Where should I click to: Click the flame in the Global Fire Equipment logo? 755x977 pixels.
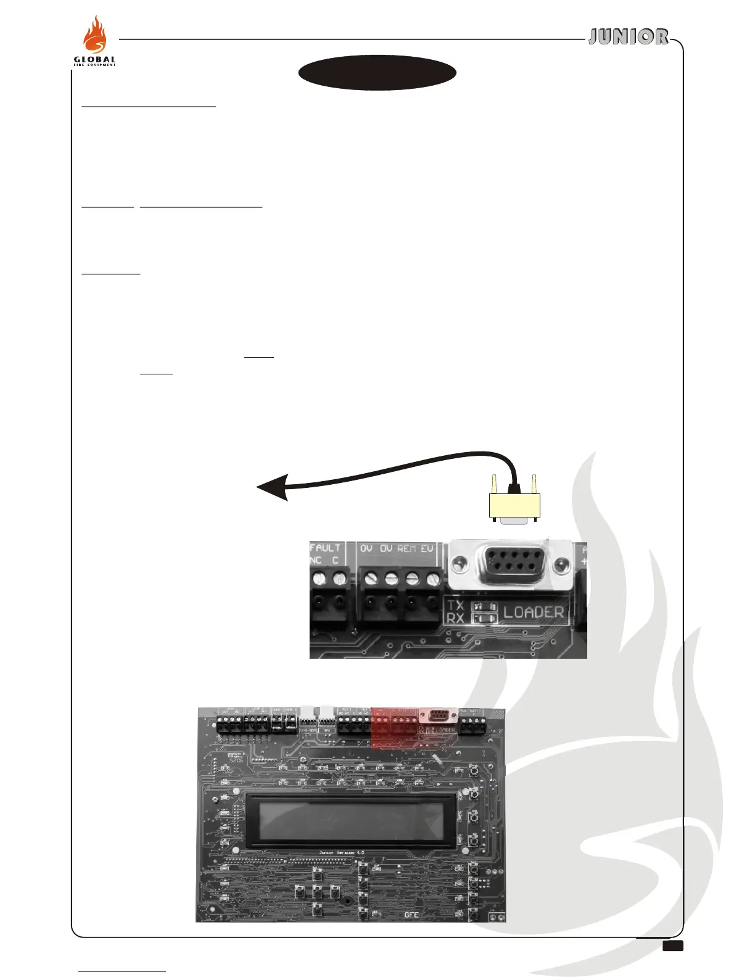pyautogui.click(x=96, y=37)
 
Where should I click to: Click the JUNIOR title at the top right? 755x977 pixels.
pyautogui.click(x=628, y=37)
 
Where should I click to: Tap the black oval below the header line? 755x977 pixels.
pyautogui.click(x=377, y=73)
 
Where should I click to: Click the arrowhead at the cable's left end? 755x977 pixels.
pyautogui.click(x=271, y=487)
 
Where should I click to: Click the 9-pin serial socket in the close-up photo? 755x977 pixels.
pyautogui.click(x=510, y=563)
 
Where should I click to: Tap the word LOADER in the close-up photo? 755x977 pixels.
pyautogui.click(x=534, y=612)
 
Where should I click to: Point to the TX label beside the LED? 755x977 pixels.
pyautogui.click(x=456, y=606)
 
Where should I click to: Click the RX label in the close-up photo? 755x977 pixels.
pyautogui.click(x=456, y=617)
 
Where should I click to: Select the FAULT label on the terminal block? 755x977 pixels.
pyautogui.click(x=325, y=548)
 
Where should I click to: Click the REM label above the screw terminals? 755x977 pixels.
pyautogui.click(x=406, y=548)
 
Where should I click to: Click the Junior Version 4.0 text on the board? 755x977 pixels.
pyautogui.click(x=341, y=853)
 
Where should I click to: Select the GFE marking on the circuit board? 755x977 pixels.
pyautogui.click(x=411, y=915)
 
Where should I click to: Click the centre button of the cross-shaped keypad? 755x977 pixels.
pyautogui.click(x=317, y=891)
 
